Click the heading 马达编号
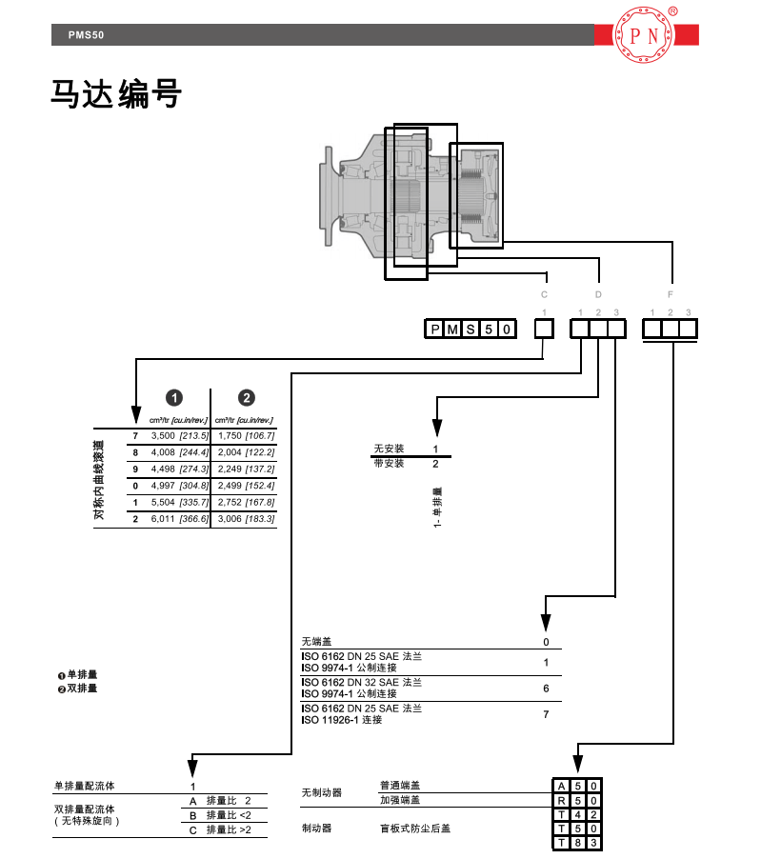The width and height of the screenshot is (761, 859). coord(115,94)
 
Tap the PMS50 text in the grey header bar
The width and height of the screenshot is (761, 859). coord(85,35)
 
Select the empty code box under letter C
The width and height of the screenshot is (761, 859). coord(543,329)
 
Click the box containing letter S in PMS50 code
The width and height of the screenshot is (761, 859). coord(470,330)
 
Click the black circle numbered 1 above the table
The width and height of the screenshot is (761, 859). coord(175,398)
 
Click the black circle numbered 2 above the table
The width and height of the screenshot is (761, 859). coord(246,398)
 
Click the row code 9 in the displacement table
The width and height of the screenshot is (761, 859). coord(135,469)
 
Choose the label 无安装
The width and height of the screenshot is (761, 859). coord(389,449)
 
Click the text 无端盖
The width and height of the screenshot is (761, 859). coord(319,642)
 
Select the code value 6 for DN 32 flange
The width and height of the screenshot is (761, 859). coord(546,688)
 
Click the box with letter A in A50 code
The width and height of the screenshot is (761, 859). coord(562,786)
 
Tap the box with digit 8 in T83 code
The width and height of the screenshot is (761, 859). coord(578,843)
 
